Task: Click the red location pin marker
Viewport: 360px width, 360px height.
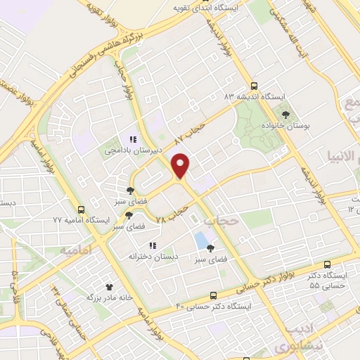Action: pos(181,165)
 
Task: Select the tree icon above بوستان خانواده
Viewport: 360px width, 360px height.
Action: pos(285,115)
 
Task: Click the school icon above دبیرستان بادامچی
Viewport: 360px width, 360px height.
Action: pos(133,139)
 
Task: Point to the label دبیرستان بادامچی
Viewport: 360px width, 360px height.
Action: pos(134,150)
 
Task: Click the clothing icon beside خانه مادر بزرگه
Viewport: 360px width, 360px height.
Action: pos(109,286)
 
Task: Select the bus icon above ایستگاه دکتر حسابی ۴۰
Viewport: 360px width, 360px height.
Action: pos(214,296)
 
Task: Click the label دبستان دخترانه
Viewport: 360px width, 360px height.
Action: pos(150,257)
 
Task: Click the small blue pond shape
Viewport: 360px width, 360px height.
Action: pos(201,240)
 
